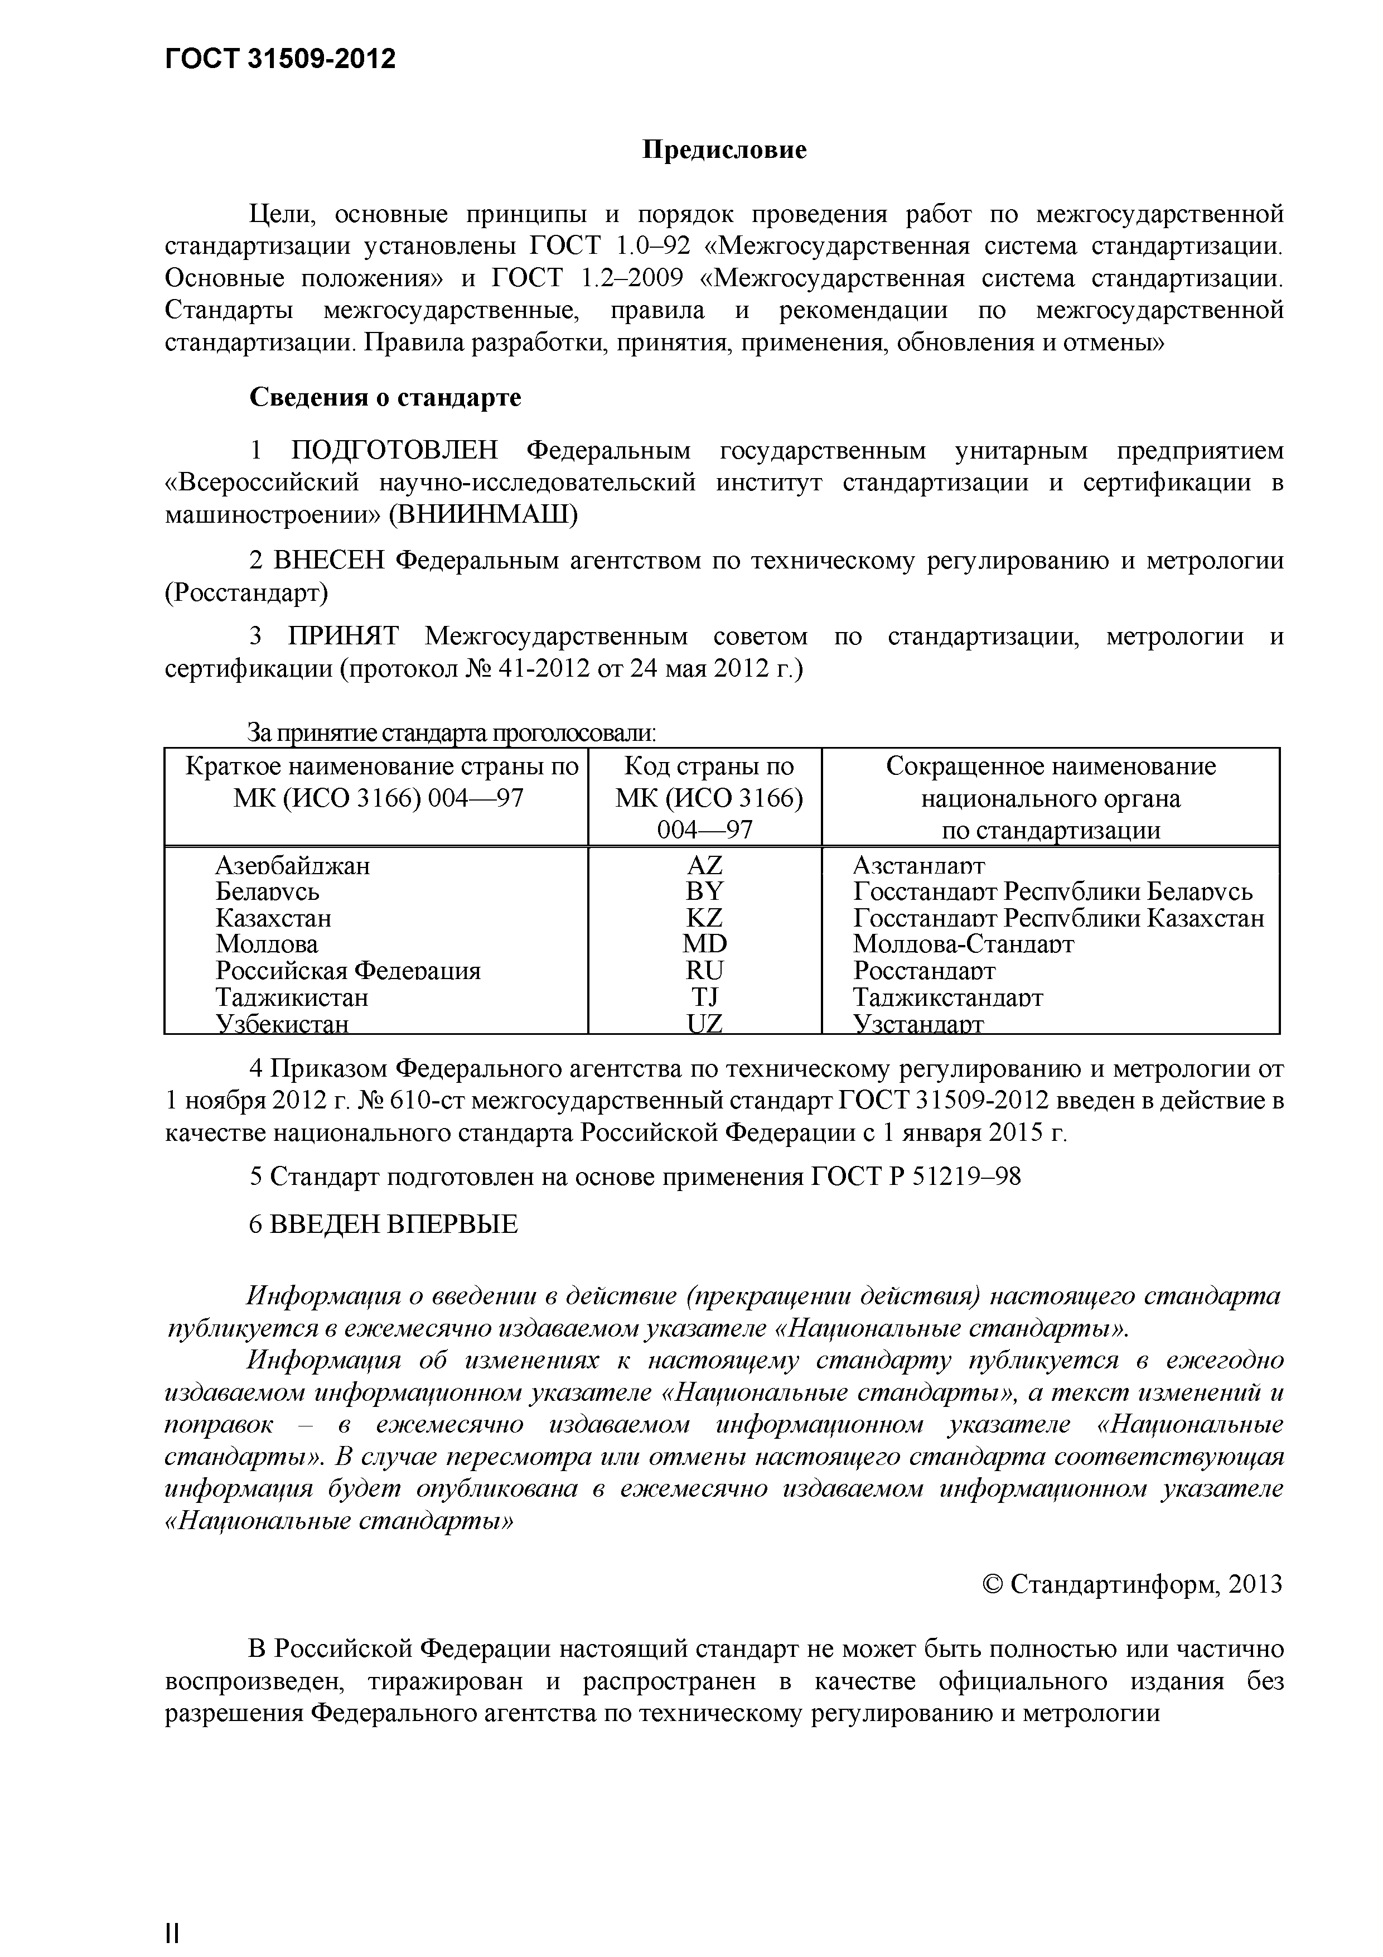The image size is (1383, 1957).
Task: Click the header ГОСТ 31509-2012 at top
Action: click(x=279, y=59)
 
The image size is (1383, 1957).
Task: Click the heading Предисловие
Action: click(x=723, y=151)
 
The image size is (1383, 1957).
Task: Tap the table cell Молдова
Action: click(x=267, y=944)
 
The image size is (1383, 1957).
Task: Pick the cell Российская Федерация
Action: click(x=347, y=971)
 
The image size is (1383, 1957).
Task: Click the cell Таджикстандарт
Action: click(x=947, y=997)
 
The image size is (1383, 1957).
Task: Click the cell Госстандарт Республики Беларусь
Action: click(x=1052, y=891)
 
